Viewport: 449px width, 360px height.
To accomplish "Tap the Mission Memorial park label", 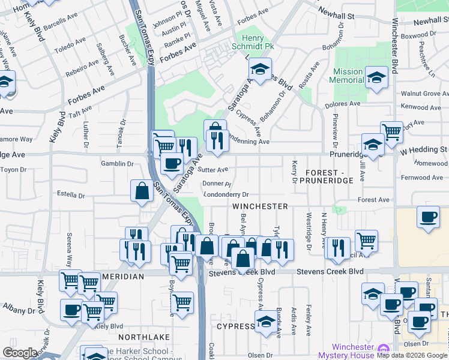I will pos(348,76).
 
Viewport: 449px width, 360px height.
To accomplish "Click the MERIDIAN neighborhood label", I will pos(122,276).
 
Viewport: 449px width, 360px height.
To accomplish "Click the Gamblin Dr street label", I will pos(117,164).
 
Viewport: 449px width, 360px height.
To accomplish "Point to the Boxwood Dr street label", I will pos(418,35).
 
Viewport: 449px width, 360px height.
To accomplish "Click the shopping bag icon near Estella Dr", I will pos(142,191).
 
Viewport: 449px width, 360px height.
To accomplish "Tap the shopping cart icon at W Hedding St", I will pos(392,131).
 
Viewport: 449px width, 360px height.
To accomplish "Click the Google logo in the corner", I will pos(20,353).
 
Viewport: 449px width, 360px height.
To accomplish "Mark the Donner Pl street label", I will pos(217,184).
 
